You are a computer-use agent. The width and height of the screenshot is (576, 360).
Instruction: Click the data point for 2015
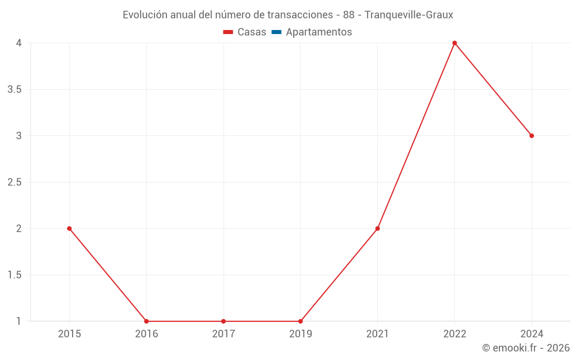(x=69, y=229)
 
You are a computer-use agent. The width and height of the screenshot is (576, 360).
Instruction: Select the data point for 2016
(x=146, y=321)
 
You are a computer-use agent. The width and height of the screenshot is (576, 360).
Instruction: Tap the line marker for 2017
(x=223, y=321)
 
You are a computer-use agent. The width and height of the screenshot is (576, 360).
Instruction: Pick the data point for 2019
(x=301, y=321)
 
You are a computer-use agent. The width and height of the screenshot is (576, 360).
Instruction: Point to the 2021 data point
(x=377, y=229)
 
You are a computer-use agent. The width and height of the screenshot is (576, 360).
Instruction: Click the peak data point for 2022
(x=454, y=43)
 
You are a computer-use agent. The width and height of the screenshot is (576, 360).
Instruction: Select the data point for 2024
(x=532, y=136)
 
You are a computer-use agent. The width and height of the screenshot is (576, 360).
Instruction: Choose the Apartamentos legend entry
(x=319, y=32)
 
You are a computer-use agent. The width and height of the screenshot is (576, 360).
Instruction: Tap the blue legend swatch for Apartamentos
(x=276, y=32)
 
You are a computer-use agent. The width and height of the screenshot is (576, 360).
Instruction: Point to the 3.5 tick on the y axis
(x=14, y=89)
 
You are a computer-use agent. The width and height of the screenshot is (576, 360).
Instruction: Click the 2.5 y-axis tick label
(x=14, y=182)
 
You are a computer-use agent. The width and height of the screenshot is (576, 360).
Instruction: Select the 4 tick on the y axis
(x=18, y=43)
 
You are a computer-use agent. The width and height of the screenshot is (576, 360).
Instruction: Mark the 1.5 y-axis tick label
(x=14, y=275)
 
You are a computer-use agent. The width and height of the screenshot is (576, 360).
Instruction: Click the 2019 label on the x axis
(x=301, y=334)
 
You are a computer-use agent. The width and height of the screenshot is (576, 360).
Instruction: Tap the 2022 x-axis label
(x=454, y=334)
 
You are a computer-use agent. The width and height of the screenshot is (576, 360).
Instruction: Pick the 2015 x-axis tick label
(x=69, y=334)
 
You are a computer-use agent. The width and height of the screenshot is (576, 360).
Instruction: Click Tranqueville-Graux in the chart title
(x=409, y=15)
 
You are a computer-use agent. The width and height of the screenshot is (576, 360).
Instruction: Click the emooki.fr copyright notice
(x=526, y=348)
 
